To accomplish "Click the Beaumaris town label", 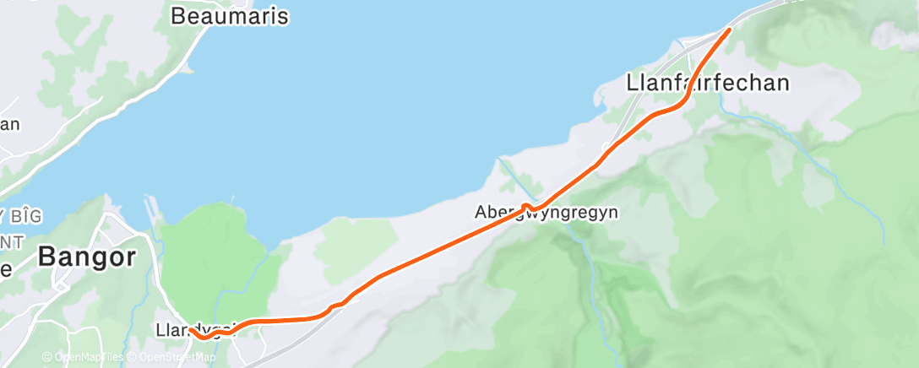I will (229, 15).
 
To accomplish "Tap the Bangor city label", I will (86, 257).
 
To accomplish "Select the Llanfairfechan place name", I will (708, 83).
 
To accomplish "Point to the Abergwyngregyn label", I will (546, 213).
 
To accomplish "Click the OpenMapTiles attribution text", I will (89, 358).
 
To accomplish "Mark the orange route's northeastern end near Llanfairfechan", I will (728, 31).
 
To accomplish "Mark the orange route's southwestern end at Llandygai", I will (191, 331).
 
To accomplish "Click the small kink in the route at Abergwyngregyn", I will (525, 205).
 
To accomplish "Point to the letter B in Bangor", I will (47, 257).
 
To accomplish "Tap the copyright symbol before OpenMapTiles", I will (47, 358).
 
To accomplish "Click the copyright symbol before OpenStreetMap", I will (134, 358).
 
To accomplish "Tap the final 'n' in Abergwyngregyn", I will (612, 213).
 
